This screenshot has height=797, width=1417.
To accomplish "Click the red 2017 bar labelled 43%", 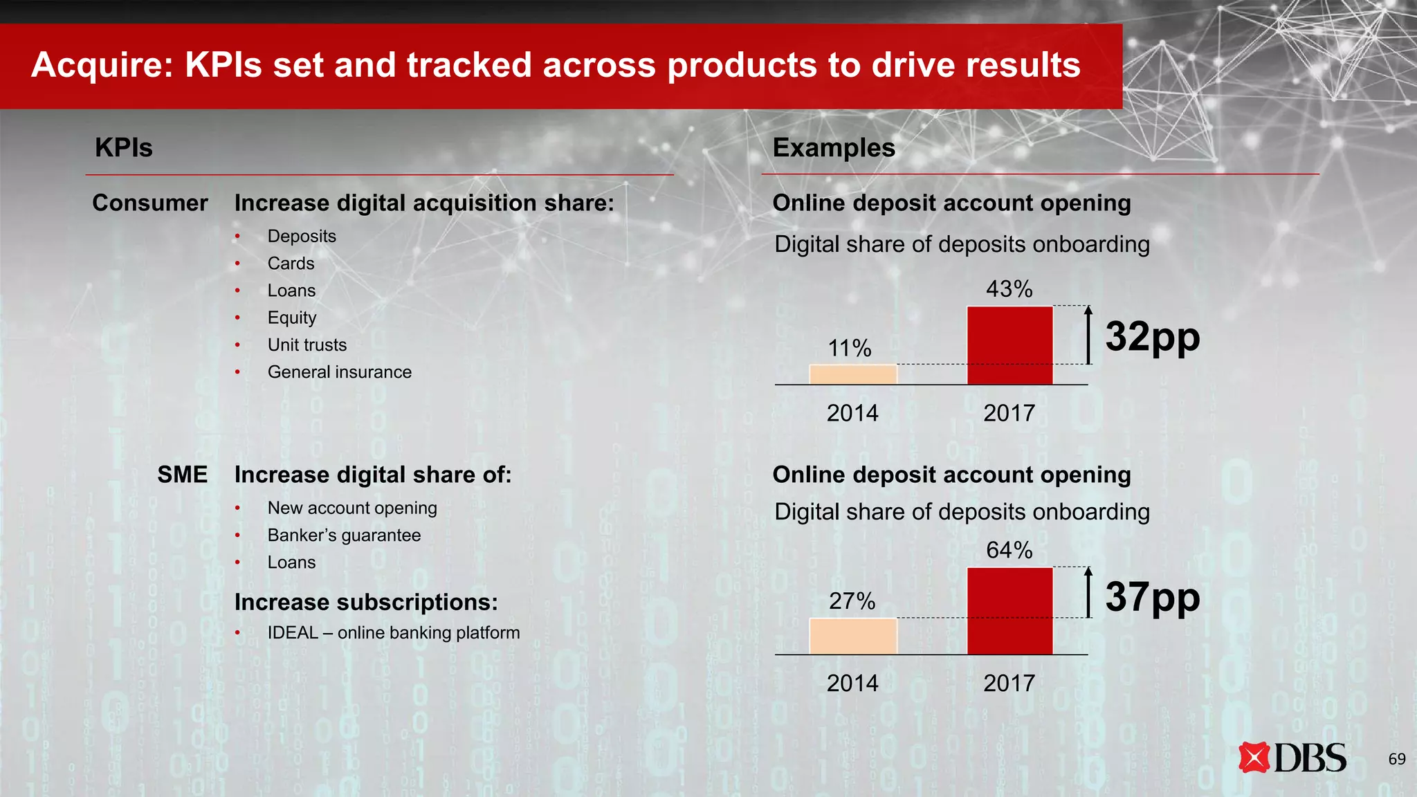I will (1009, 345).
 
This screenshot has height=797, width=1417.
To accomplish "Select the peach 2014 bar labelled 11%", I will (853, 374).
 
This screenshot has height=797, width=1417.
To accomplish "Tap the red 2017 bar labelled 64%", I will (1009, 610).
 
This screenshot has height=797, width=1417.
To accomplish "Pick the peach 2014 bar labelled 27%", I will (853, 636).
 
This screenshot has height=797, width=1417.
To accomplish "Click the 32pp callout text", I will (1152, 337).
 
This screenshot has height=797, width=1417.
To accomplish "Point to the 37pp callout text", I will (1152, 597).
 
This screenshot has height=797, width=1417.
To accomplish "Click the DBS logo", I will (1292, 758).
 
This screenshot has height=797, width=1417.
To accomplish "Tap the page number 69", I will (1396, 759).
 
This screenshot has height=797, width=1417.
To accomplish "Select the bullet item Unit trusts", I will (307, 345).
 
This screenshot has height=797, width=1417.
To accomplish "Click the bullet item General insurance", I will (339, 372).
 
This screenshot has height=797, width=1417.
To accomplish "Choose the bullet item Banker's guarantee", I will (344, 535).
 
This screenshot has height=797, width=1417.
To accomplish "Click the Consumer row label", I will (149, 203).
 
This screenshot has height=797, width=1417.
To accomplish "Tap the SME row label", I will (182, 475).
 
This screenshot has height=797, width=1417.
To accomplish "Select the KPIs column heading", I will (123, 148).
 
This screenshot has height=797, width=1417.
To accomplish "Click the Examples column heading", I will (833, 148).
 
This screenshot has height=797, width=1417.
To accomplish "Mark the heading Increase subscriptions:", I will (366, 602).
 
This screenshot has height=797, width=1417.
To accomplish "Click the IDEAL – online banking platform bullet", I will (393, 633).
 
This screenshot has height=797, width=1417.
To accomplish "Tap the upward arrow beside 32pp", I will (1088, 335).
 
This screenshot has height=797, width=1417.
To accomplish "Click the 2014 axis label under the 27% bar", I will (852, 684).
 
